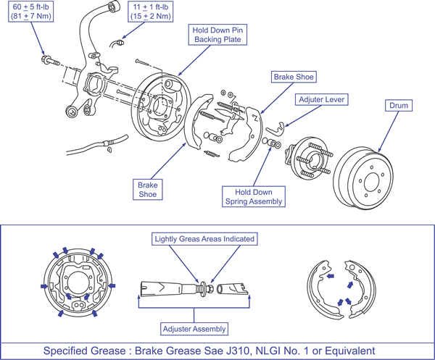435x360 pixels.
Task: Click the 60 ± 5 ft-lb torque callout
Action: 30,12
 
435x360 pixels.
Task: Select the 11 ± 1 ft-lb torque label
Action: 150,12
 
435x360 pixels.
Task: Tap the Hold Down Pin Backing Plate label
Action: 217,35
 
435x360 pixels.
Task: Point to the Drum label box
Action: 399,106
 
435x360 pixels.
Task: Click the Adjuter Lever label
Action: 321,99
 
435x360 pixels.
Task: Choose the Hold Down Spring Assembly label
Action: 254,196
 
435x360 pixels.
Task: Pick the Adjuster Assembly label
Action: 194,329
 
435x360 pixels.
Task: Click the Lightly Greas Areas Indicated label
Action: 204,239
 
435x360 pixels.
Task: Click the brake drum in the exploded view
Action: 363,177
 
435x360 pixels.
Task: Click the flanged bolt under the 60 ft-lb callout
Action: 50,61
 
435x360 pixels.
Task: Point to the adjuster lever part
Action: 275,128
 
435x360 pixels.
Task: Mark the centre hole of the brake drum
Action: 371,183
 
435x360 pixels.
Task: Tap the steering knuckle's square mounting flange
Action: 94,84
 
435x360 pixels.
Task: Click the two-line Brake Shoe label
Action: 148,190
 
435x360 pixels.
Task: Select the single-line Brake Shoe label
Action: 294,77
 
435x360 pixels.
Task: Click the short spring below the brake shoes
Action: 212,154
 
